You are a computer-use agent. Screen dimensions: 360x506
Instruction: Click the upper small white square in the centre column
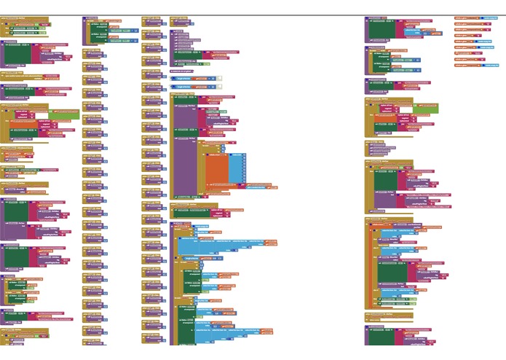[x=219, y=78]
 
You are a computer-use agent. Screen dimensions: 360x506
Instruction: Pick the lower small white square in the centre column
[x=219, y=87]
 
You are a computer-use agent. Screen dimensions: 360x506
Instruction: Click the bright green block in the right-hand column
[x=426, y=109]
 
